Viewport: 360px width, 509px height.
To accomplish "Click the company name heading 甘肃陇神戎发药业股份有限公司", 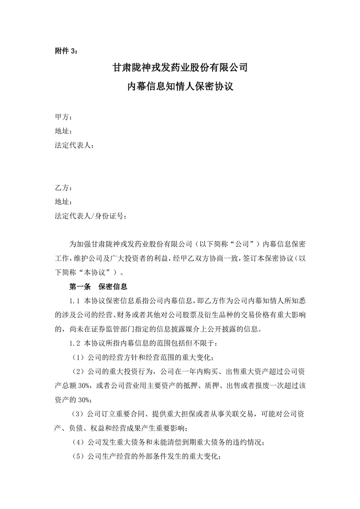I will pyautogui.click(x=180, y=69).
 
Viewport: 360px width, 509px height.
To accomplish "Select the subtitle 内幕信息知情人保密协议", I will pyautogui.click(x=180, y=86).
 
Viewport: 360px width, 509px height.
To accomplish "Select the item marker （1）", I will pyautogui.click(x=78, y=357).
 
